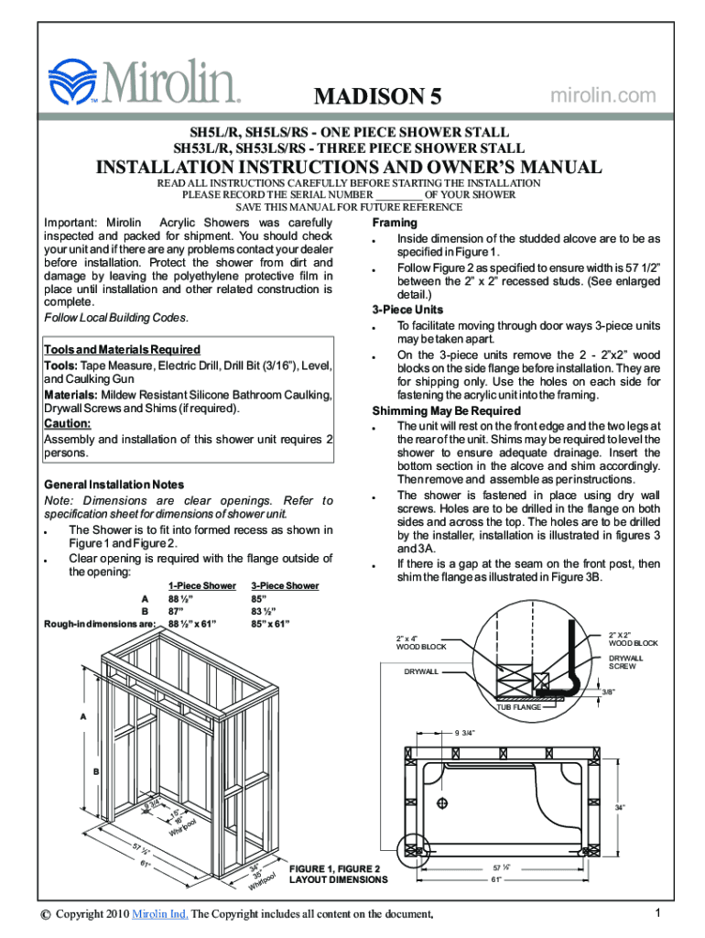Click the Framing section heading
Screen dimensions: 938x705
click(x=395, y=224)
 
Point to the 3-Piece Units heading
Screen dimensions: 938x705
click(x=407, y=310)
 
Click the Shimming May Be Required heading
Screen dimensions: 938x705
click(x=446, y=410)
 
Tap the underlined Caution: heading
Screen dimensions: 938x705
click(x=67, y=424)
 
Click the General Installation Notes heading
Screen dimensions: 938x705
click(x=114, y=485)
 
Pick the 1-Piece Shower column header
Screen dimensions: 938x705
click(x=201, y=585)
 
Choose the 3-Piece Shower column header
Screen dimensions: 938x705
click(x=285, y=585)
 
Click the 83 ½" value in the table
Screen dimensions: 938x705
click(x=266, y=611)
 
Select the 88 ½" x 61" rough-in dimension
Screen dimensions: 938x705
click(x=192, y=625)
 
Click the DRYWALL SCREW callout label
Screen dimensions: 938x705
click(x=626, y=661)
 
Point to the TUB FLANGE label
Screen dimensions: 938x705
click(x=518, y=707)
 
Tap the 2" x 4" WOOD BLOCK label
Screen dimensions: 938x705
click(x=421, y=642)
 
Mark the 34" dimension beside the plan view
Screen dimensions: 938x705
click(x=620, y=807)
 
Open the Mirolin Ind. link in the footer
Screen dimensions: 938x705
click(x=160, y=914)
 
